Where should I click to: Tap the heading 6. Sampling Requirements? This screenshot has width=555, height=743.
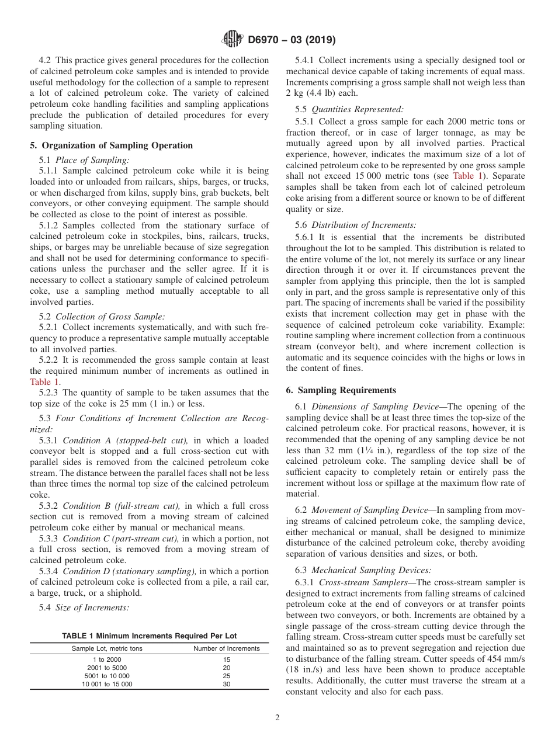(x=341, y=390)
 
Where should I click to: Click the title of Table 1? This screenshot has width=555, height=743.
(x=150, y=636)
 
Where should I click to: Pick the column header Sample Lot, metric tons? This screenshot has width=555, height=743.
(x=107, y=648)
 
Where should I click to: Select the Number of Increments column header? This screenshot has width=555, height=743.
(x=227, y=648)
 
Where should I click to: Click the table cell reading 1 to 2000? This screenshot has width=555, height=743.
(x=107, y=659)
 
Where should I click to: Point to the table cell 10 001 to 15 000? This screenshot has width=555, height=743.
(x=107, y=683)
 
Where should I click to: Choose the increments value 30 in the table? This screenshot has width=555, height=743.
(x=227, y=683)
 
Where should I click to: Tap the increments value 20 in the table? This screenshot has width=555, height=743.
(x=227, y=667)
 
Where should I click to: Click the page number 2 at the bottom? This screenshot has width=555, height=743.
(x=277, y=718)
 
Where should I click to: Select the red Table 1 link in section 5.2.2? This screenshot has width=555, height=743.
(x=44, y=381)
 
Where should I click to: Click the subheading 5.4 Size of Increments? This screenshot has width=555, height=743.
(x=84, y=607)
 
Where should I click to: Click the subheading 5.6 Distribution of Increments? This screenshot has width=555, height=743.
(x=356, y=225)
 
